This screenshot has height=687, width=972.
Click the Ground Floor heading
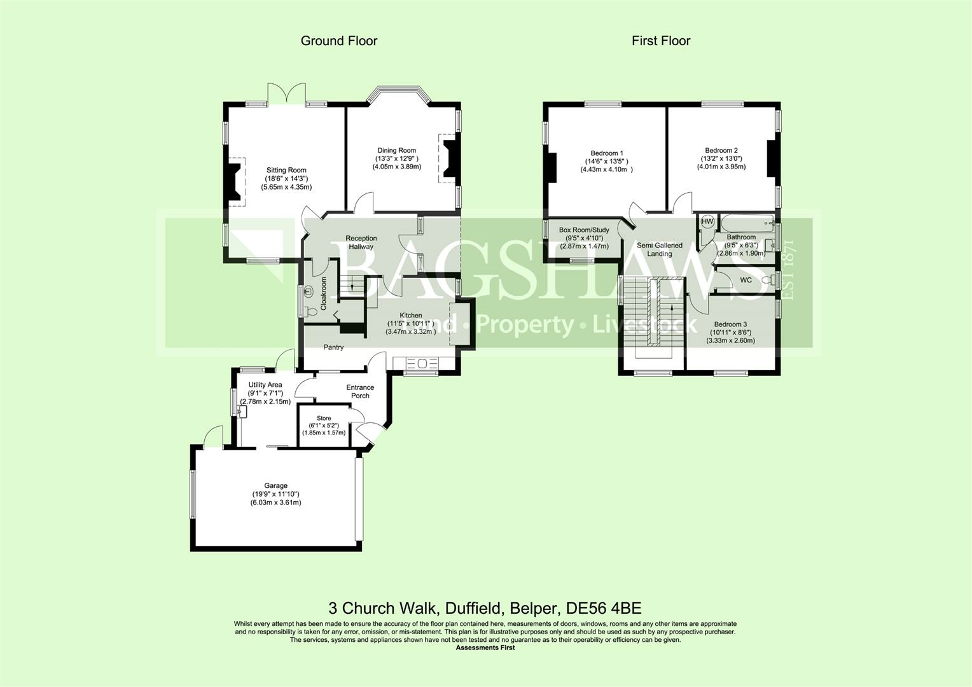click(x=339, y=41)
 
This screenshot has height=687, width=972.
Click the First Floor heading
click(x=661, y=41)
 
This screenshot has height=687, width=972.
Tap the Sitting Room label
click(x=286, y=170)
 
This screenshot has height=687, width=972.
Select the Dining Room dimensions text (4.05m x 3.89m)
click(x=396, y=167)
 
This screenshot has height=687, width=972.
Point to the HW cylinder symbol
click(x=707, y=221)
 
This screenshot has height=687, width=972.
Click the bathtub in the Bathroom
click(x=747, y=223)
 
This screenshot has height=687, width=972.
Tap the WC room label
click(x=746, y=280)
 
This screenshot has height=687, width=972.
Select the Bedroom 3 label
click(x=731, y=324)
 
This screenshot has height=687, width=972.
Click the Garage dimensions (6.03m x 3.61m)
click(x=276, y=503)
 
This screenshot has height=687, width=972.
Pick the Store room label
click(x=324, y=418)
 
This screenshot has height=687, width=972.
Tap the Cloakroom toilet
click(x=310, y=311)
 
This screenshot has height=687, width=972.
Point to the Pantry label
click(x=333, y=347)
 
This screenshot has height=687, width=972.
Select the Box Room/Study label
click(x=584, y=230)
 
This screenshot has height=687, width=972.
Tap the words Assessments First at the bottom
click(x=485, y=648)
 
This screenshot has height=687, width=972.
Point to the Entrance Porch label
click(x=360, y=391)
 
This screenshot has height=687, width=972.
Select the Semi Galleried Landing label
click(x=660, y=249)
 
